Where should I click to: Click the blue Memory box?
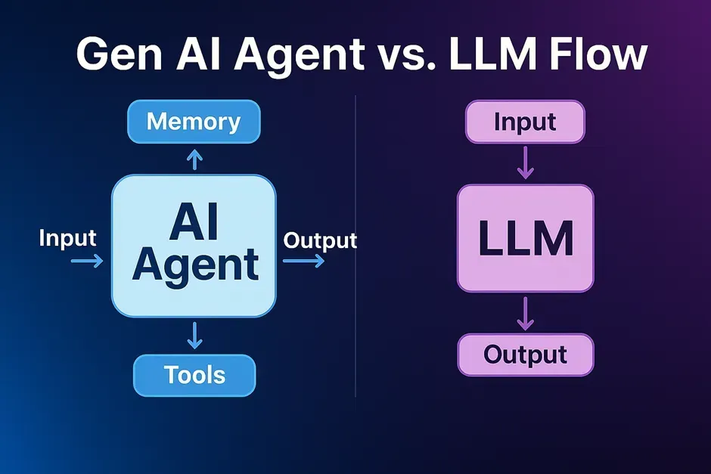[194, 122]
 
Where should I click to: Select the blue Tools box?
[194, 375]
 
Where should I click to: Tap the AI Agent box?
[194, 246]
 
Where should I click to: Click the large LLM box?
[525, 238]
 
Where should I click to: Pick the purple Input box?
[525, 122]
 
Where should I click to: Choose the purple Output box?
[525, 355]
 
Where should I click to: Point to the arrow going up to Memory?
[194, 159]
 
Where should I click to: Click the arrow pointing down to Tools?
[194, 335]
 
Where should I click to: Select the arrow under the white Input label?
[86, 261]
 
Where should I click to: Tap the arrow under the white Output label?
[304, 261]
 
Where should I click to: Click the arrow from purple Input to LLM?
[525, 163]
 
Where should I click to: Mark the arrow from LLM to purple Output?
[525, 314]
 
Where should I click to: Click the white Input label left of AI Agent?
[68, 238]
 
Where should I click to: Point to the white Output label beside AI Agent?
[320, 240]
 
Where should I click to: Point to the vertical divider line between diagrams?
[355, 249]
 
